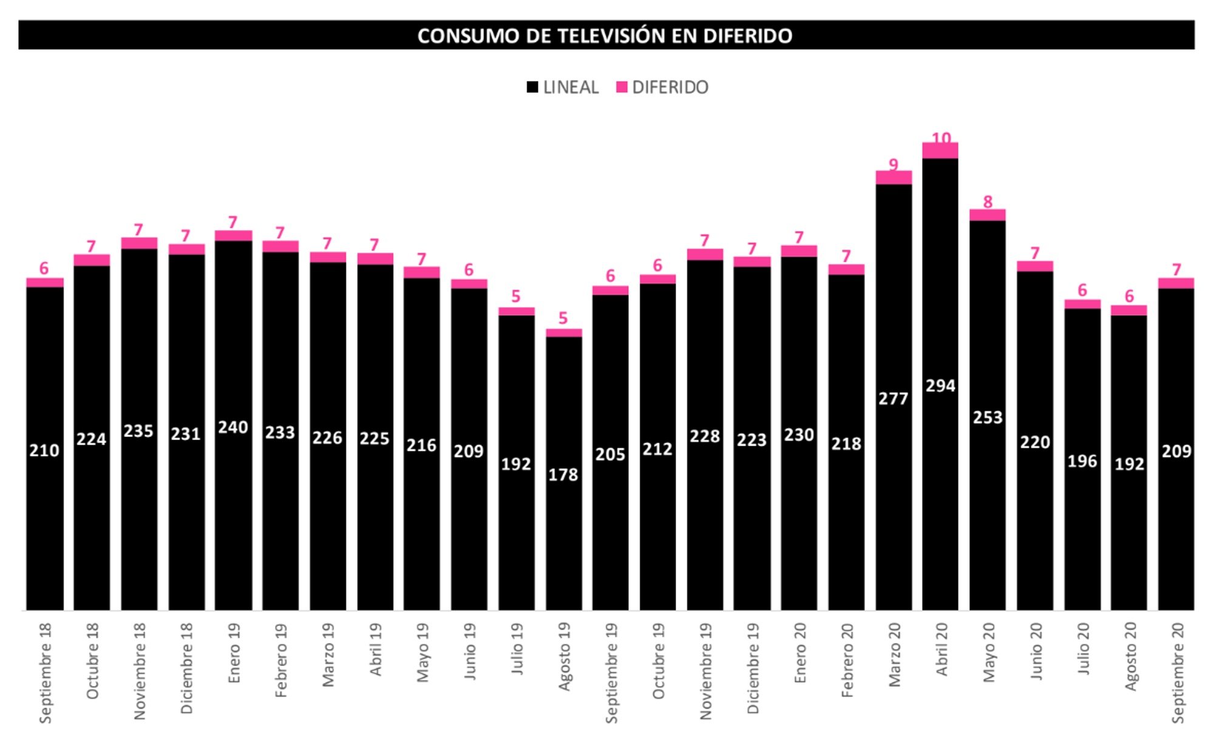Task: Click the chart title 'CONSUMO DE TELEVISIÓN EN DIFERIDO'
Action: click(605, 36)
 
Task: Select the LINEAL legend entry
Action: click(563, 87)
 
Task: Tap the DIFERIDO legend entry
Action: click(662, 87)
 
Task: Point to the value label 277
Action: click(893, 399)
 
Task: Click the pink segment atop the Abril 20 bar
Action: click(940, 151)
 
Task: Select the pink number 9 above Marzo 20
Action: click(893, 165)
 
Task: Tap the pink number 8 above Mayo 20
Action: click(988, 202)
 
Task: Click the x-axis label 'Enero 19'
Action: click(234, 653)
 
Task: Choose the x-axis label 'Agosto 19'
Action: click(564, 656)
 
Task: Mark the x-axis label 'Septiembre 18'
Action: click(45, 673)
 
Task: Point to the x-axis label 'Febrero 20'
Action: click(847, 660)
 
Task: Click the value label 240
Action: click(233, 427)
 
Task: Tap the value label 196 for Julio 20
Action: click(1082, 461)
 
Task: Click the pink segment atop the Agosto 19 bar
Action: click(563, 333)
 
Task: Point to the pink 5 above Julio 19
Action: click(516, 296)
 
